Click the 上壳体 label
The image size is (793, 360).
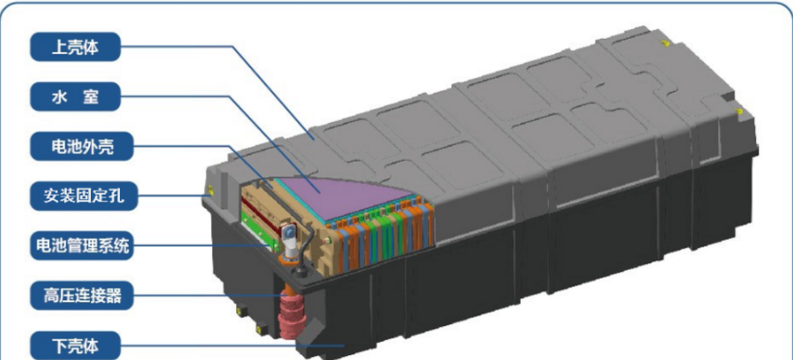click(x=76, y=47)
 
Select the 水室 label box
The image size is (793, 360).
click(x=76, y=97)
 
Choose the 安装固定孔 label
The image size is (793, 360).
click(x=83, y=195)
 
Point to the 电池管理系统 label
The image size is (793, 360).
click(x=83, y=246)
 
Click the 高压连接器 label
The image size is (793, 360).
click(x=83, y=295)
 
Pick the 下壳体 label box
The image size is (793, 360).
click(x=76, y=345)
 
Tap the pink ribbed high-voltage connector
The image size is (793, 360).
click(x=290, y=317)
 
